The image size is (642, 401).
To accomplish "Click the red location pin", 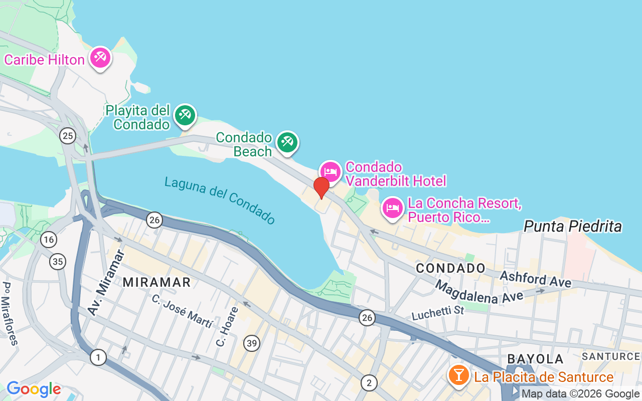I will point(321,187).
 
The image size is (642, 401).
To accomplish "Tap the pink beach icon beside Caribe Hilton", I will point(100,58).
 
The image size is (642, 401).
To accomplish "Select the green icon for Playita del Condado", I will point(185,115).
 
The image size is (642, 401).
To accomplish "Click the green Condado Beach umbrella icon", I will point(287,142).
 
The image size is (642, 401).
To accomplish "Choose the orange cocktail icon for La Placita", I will point(458,375).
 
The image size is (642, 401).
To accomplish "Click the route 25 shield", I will point(67,135).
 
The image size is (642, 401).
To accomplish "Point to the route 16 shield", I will point(49,240).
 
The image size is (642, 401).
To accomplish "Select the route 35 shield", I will point(58,261).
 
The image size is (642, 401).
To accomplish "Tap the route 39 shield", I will point(252,343).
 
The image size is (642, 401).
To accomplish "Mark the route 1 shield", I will point(98,357).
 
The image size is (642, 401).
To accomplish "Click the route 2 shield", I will point(369,383).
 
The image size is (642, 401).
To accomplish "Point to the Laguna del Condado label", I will point(220,200).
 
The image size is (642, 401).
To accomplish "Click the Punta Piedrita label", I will point(572,227).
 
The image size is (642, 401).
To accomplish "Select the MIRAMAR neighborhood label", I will point(157,282).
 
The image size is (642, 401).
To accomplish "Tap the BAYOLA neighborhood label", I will point(535,359).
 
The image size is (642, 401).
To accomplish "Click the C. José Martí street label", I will point(182,311).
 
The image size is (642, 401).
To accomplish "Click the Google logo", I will point(34,389).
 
